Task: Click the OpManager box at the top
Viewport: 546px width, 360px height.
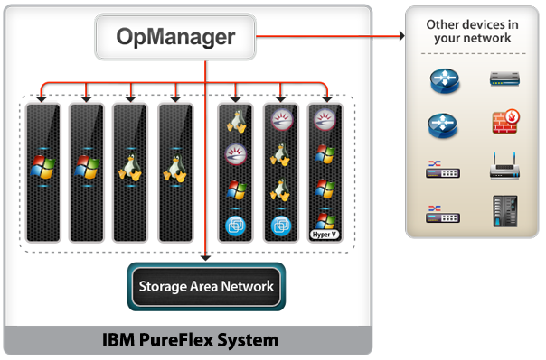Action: click(x=175, y=38)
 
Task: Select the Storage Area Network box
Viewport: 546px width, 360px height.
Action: click(x=206, y=287)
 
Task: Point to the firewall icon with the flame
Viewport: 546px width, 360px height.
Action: click(x=504, y=123)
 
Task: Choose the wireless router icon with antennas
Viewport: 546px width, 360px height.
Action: click(x=504, y=167)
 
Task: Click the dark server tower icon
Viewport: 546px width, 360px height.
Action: click(x=504, y=210)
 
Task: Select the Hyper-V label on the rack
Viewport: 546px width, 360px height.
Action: click(x=325, y=233)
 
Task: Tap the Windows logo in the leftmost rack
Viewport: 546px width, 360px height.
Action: click(x=42, y=166)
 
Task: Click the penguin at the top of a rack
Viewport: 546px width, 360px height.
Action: click(x=237, y=118)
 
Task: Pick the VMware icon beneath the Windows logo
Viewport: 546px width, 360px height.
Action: click(x=237, y=224)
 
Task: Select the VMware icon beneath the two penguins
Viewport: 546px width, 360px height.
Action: click(x=281, y=224)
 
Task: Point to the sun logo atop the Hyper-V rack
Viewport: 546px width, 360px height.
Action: click(x=325, y=118)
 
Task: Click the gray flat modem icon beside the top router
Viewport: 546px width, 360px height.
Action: click(x=504, y=80)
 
